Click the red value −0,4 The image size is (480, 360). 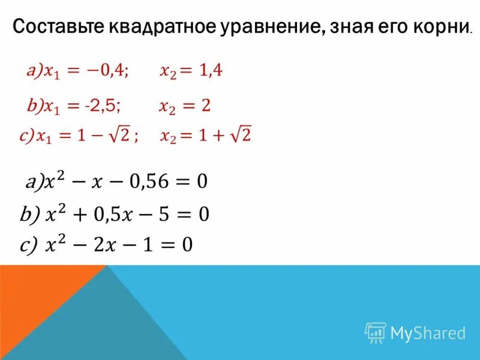[108, 71]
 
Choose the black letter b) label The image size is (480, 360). [29, 214]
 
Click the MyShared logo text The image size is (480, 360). [428, 332]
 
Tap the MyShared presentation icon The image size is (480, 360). [376, 332]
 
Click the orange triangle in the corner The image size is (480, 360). [36, 300]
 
